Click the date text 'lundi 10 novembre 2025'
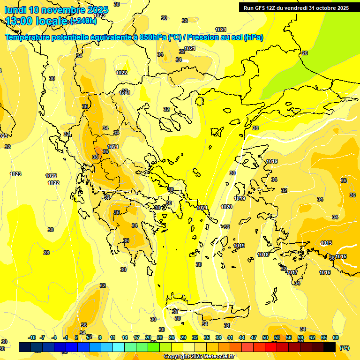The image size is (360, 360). (56, 10)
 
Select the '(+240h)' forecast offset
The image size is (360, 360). (83, 21)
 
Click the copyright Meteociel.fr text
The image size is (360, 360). (199, 357)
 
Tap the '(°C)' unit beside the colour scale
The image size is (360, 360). (344, 347)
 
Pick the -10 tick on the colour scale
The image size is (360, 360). (32, 337)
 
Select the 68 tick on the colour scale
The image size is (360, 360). (336, 337)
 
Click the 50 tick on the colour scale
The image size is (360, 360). (265, 337)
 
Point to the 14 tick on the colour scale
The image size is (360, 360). (125, 337)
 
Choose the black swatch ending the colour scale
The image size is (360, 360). (330, 347)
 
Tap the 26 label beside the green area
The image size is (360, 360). (304, 53)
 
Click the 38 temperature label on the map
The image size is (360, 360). (95, 157)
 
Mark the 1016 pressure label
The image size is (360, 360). (325, 272)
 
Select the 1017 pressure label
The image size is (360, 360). (292, 272)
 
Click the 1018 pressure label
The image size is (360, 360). (263, 255)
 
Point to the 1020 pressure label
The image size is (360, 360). (226, 207)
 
